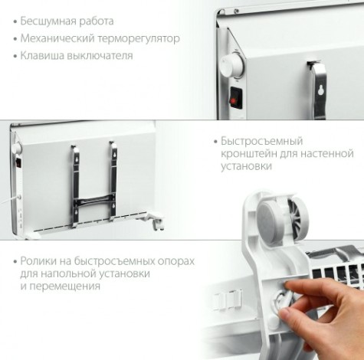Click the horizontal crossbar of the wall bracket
pos(93,202)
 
